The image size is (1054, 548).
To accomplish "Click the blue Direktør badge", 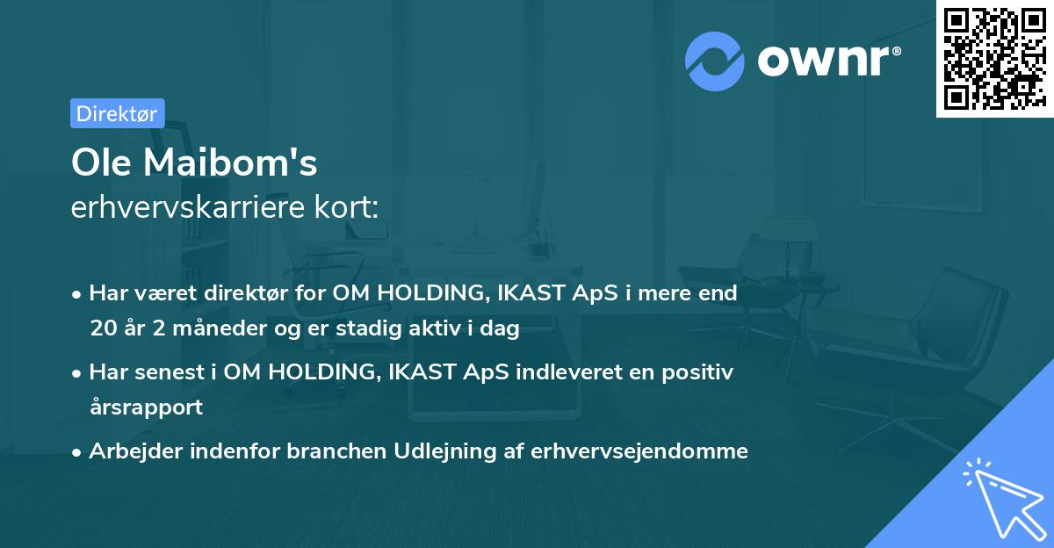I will click(117, 113).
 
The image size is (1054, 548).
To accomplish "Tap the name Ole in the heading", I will click(101, 162).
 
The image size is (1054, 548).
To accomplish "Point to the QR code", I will click(994, 59).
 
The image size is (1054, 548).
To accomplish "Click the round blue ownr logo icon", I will click(715, 61).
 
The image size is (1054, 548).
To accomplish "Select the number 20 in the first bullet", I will click(102, 329).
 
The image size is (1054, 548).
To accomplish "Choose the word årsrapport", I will click(146, 407).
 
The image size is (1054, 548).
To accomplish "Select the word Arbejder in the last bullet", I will click(128, 451).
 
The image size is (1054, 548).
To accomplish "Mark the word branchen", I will click(327, 451).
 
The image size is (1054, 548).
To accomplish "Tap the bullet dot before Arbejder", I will click(78, 452).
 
